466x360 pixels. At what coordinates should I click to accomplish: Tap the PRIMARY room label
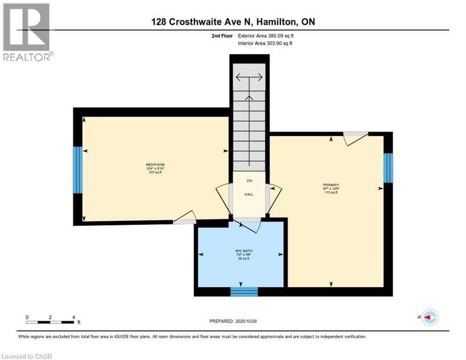pos(331,185)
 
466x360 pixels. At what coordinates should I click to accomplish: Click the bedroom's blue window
pos(77,170)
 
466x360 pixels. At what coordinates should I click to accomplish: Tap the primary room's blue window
pos(388,168)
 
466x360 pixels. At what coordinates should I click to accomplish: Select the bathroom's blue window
pos(244,292)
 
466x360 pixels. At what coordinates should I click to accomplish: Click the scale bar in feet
pos(50,322)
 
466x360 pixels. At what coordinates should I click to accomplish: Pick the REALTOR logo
pos(27,32)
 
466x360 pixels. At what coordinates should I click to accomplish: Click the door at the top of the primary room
pos(355,138)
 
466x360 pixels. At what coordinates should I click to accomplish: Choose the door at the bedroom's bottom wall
pos(184,217)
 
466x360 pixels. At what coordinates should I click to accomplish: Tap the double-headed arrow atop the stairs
pos(249,78)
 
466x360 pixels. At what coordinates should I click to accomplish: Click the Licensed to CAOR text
pos(27,356)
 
